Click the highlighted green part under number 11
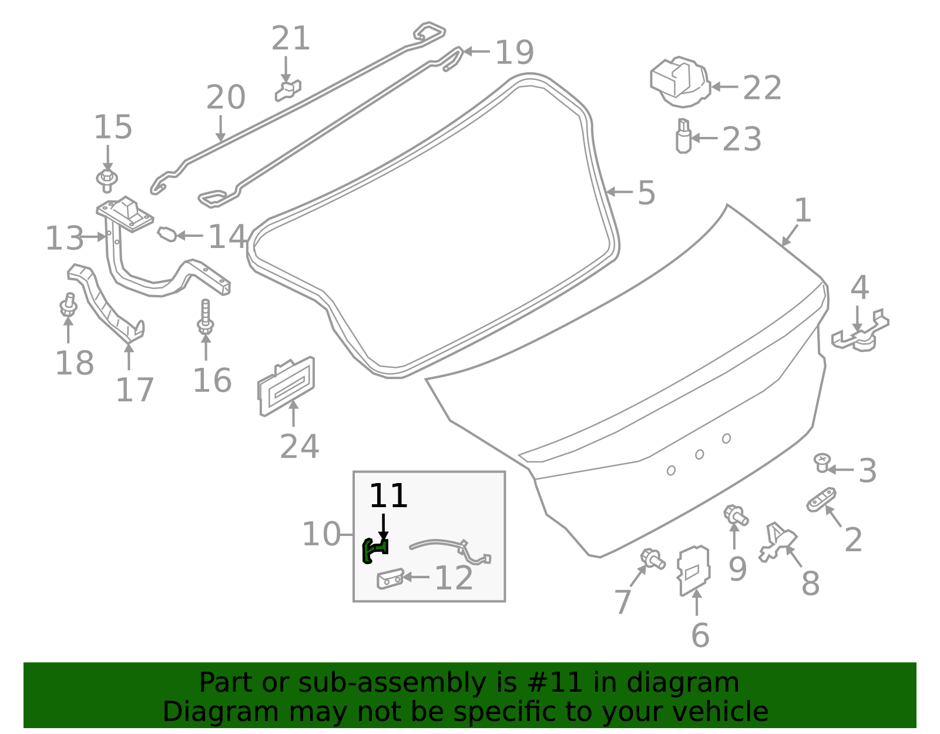tap(374, 550)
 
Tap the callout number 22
tap(762, 88)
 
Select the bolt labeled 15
tap(107, 179)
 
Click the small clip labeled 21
tap(288, 90)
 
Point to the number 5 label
tap(646, 193)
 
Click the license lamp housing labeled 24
tap(286, 386)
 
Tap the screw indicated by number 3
tap(822, 462)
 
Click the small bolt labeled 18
tap(69, 306)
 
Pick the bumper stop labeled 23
tap(683, 136)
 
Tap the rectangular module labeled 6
tap(694, 570)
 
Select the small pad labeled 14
tap(167, 234)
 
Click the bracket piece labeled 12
tap(390, 579)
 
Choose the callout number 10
tap(321, 534)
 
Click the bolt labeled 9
tap(736, 515)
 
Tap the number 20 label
tap(226, 98)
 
